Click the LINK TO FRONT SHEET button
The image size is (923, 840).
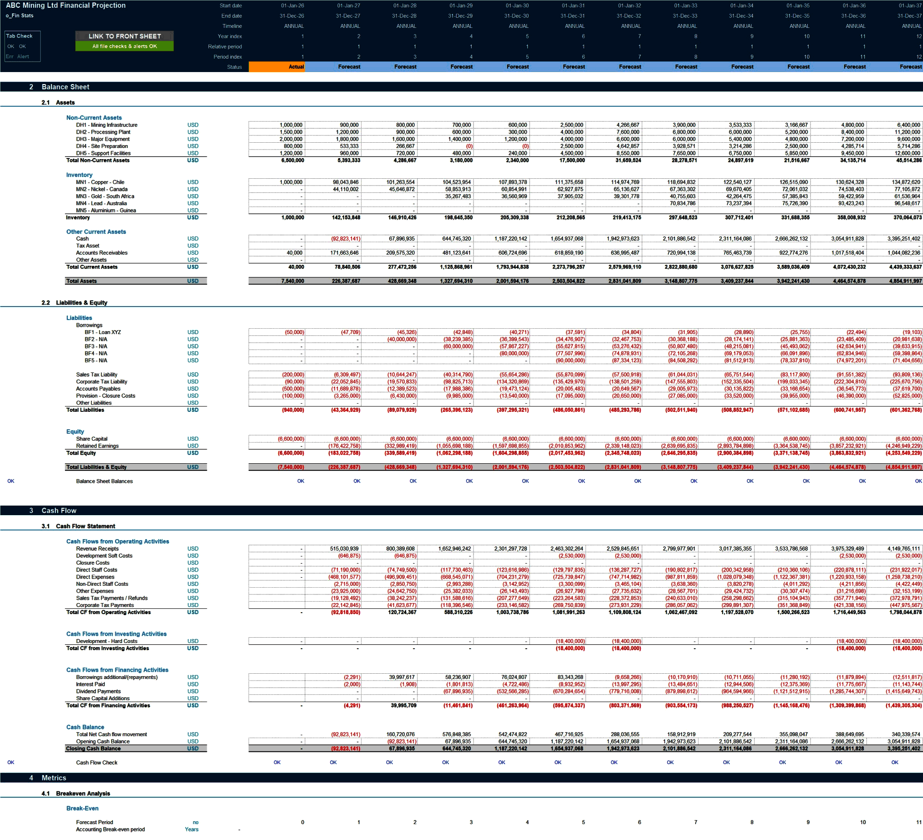(125, 36)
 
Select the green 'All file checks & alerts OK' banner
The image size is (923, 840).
(125, 46)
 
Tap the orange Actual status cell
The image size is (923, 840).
(276, 67)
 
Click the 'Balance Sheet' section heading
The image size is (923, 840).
(65, 87)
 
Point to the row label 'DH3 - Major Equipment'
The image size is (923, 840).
(102, 139)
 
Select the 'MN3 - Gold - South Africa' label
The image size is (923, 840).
(105, 197)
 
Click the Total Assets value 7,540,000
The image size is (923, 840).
(292, 281)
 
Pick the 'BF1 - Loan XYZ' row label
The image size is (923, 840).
(102, 333)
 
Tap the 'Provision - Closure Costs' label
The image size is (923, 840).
(105, 396)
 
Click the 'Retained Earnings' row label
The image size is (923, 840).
(97, 446)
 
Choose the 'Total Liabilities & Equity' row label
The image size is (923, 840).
(96, 467)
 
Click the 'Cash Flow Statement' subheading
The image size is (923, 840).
(86, 526)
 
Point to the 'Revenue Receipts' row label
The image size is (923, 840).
(97, 549)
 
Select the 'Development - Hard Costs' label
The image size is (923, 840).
(106, 641)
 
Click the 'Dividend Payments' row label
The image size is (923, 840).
(98, 692)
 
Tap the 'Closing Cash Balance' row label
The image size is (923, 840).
(93, 749)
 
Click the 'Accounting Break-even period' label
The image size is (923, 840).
(110, 829)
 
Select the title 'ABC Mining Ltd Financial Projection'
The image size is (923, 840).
(65, 5)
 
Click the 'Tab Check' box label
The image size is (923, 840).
(19, 36)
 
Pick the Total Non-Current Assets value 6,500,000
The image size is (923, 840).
(292, 161)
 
